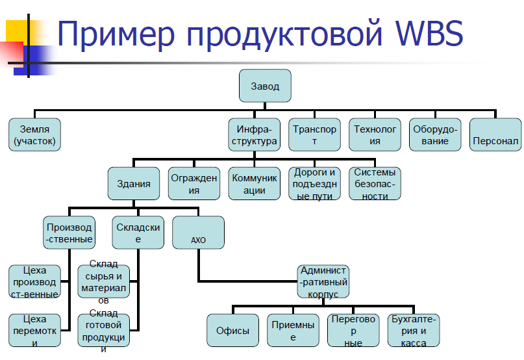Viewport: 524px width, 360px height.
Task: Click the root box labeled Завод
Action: click(x=265, y=86)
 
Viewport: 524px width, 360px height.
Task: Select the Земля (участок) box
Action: click(x=35, y=135)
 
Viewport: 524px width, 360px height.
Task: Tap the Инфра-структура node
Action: click(x=255, y=135)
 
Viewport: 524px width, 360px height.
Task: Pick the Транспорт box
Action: click(x=314, y=135)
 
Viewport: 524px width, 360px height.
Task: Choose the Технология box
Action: click(x=375, y=135)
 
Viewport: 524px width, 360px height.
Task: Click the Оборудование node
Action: click(x=435, y=135)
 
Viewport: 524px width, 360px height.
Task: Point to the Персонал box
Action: click(x=495, y=135)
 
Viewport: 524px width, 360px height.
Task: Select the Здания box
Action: click(x=134, y=184)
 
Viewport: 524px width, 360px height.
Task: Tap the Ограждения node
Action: click(x=194, y=184)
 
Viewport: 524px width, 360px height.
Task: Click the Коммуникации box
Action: click(x=255, y=184)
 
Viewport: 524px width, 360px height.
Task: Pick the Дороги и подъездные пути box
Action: click(x=314, y=184)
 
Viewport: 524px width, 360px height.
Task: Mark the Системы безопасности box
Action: click(x=375, y=184)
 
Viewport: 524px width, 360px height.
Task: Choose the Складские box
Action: click(x=138, y=233)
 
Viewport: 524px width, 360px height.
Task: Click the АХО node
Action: click(x=198, y=233)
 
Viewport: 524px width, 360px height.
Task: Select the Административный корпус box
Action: click(x=323, y=281)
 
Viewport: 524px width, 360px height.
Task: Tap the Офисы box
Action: click(x=232, y=330)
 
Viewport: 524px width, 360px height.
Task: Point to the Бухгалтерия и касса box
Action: click(x=414, y=330)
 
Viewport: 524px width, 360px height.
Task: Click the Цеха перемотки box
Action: click(x=35, y=330)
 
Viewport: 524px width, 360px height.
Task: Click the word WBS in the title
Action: click(x=429, y=32)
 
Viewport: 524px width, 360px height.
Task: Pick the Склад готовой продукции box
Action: click(x=104, y=330)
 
